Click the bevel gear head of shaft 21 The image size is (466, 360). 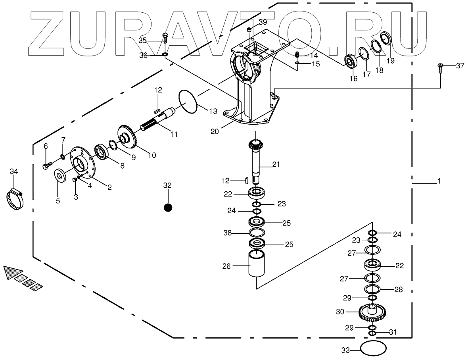(256, 145)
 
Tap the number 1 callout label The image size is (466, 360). (439, 181)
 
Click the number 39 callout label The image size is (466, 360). (263, 22)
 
